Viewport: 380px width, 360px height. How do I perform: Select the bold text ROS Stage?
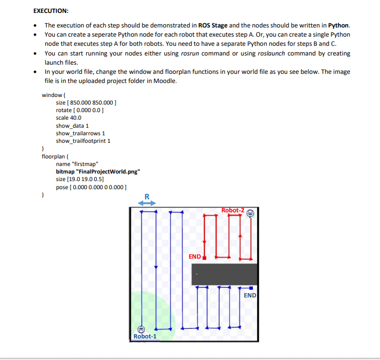(x=213, y=25)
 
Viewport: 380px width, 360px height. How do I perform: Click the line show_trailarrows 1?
(x=80, y=133)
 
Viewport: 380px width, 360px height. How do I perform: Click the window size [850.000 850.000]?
(x=87, y=102)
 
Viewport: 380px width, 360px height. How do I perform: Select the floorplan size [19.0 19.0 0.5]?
(x=80, y=179)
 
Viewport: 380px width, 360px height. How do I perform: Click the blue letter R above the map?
(x=146, y=196)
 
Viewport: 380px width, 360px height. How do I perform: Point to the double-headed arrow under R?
(x=146, y=203)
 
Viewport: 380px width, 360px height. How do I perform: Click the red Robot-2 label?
(x=233, y=210)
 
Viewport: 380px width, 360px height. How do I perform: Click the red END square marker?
(x=205, y=258)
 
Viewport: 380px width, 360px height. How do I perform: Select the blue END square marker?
(x=251, y=288)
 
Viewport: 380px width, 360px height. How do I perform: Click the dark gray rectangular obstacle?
(x=224, y=274)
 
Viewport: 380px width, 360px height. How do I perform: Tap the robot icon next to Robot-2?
(x=250, y=213)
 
